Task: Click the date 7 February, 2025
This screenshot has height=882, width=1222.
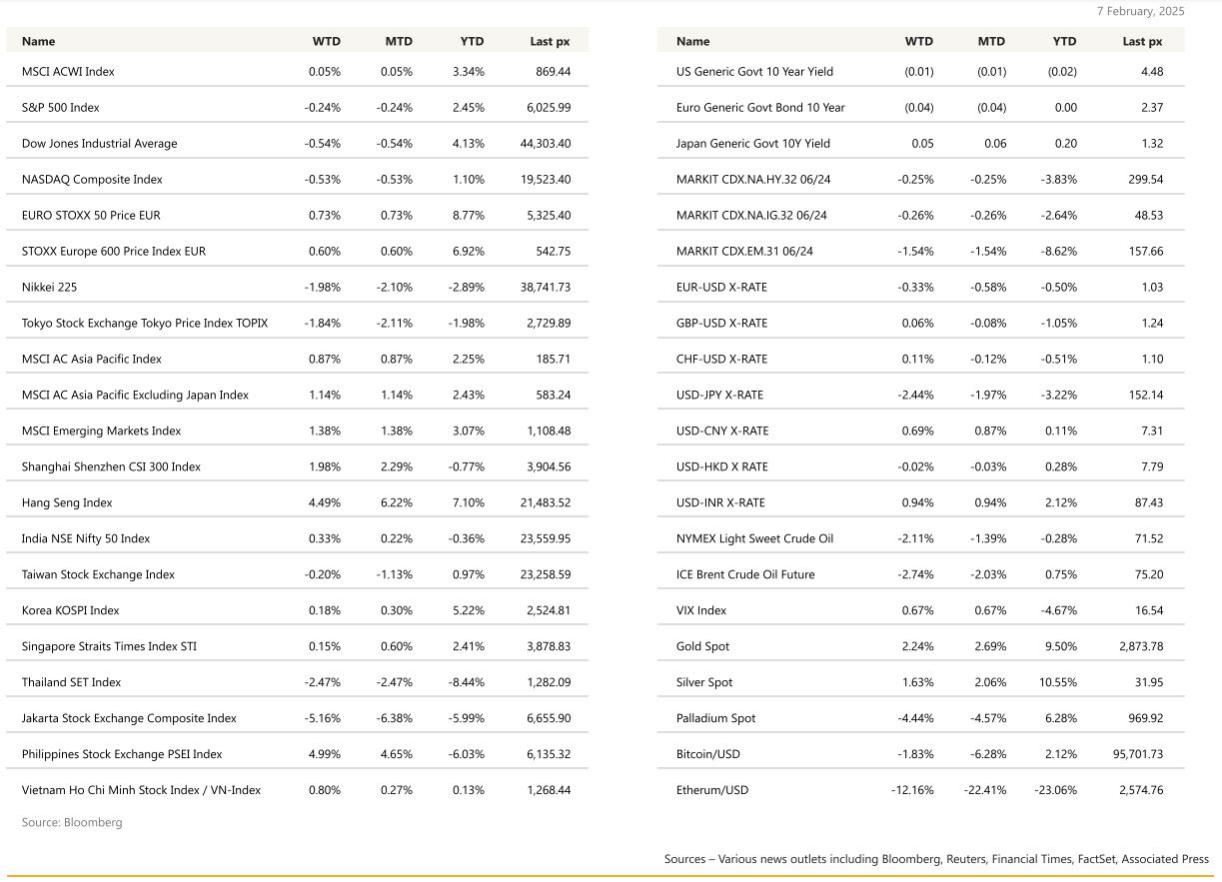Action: click(x=1140, y=11)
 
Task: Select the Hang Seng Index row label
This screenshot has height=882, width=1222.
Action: click(x=67, y=502)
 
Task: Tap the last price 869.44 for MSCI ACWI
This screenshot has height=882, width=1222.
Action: click(x=553, y=72)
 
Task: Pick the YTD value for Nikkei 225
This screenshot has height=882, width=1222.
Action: click(x=468, y=287)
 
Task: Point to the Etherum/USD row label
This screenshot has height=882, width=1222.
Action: click(x=711, y=790)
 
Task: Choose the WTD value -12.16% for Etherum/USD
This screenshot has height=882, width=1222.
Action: click(x=912, y=790)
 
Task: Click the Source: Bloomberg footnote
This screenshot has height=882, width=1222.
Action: click(x=72, y=822)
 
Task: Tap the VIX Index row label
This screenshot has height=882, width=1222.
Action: click(x=701, y=610)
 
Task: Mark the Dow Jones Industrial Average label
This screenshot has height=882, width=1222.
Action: click(x=99, y=143)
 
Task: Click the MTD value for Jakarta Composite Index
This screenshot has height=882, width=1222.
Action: click(x=396, y=718)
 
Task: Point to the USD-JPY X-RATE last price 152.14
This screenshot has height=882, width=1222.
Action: click(x=1144, y=395)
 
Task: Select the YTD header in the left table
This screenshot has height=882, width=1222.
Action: click(x=472, y=41)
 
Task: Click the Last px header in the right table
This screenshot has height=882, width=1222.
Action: click(x=1142, y=41)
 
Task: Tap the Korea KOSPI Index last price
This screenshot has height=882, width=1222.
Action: click(x=549, y=610)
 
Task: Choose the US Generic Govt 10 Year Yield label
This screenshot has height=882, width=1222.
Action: click(x=754, y=72)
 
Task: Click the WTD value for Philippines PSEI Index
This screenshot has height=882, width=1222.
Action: click(x=323, y=754)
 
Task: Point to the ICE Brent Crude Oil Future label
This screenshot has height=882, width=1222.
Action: click(x=745, y=574)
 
